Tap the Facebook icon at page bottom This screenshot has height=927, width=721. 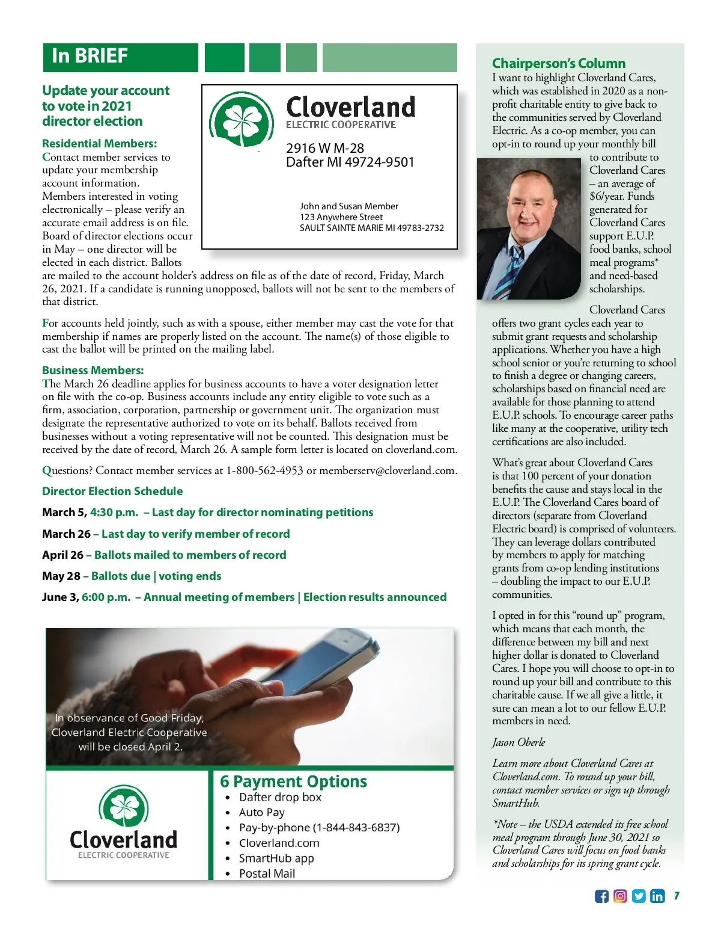point(601,896)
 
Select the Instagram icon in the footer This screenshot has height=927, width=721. point(620,896)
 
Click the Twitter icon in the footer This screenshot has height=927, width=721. point(639,896)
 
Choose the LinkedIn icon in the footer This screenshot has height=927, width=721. point(657,896)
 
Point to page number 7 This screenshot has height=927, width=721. point(677,896)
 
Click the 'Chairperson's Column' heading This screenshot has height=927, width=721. point(558,63)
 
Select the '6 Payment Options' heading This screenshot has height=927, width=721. point(293,781)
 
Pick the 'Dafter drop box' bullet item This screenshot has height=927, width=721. point(280,797)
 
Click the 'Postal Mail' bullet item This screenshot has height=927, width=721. point(267,873)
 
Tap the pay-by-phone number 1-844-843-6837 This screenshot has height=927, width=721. point(356,828)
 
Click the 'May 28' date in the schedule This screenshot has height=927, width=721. point(61,576)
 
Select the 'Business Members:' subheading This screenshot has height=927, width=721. point(93,371)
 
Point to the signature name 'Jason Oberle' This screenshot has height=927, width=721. point(519,742)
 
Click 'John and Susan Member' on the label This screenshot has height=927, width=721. point(348,206)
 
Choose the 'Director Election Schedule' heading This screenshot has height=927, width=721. point(112,491)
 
